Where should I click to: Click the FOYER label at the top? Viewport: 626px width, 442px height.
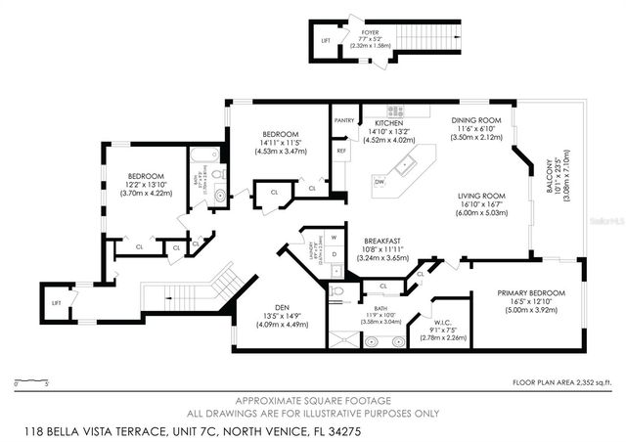point(369,31)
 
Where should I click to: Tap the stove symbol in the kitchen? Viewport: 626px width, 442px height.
point(395,110)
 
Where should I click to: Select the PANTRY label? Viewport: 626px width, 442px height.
point(344,120)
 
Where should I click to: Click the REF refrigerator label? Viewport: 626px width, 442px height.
point(341,151)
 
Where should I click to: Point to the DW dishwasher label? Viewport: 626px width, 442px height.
point(378,181)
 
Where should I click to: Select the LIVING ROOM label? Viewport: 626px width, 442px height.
point(480,197)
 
